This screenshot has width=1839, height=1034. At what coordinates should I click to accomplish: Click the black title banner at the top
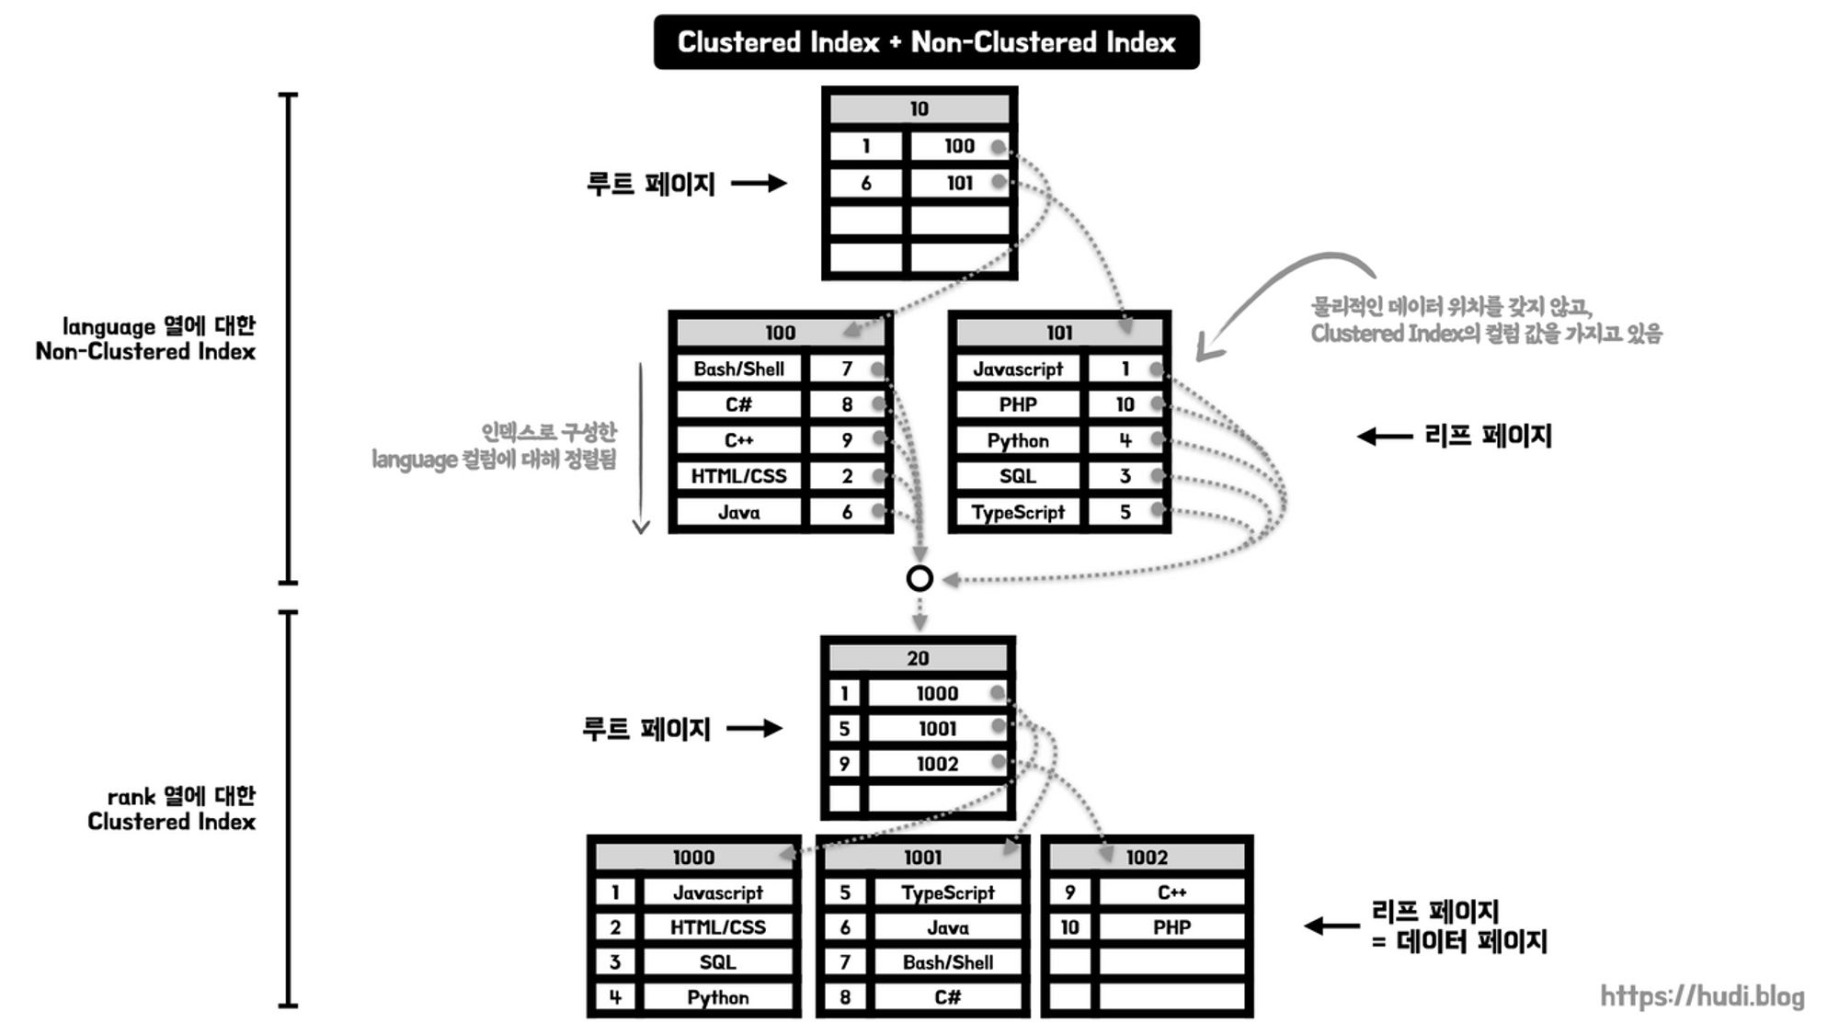pyautogui.click(x=926, y=42)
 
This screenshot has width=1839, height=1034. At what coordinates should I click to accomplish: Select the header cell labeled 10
pyautogui.click(x=919, y=109)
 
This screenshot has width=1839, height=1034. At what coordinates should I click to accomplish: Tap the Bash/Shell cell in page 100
pyautogui.click(x=738, y=369)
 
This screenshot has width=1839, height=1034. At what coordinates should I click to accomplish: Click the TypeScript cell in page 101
pyautogui.click(x=1017, y=513)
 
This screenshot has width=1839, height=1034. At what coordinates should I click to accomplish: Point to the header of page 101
pyautogui.click(x=1058, y=333)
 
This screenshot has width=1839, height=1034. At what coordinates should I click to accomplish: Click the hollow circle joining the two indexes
pyautogui.click(x=919, y=578)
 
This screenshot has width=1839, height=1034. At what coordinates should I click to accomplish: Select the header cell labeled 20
pyautogui.click(x=918, y=658)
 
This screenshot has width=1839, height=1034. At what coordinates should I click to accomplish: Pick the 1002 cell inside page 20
pyautogui.click(x=936, y=764)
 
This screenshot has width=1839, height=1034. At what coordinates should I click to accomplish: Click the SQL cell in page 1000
pyautogui.click(x=717, y=962)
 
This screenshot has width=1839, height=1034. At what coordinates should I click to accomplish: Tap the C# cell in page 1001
pyautogui.click(x=947, y=997)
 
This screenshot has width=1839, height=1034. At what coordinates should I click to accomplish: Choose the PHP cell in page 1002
pyautogui.click(x=1171, y=927)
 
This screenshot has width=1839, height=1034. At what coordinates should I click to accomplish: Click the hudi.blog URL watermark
pyautogui.click(x=1702, y=996)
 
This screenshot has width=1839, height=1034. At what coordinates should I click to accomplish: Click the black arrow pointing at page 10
pyautogui.click(x=759, y=184)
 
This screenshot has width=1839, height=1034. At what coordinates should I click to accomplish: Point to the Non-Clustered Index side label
pyautogui.click(x=145, y=338)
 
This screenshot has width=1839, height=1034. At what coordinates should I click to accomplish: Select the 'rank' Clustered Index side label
pyautogui.click(x=172, y=809)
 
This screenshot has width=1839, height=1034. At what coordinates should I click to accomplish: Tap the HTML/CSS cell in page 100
pyautogui.click(x=738, y=476)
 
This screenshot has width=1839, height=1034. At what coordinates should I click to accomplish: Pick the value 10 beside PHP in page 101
pyautogui.click(x=1125, y=404)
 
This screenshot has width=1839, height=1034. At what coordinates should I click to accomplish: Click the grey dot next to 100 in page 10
pyautogui.click(x=998, y=146)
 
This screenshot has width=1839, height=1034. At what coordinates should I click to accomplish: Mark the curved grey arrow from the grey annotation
pyautogui.click(x=1269, y=294)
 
